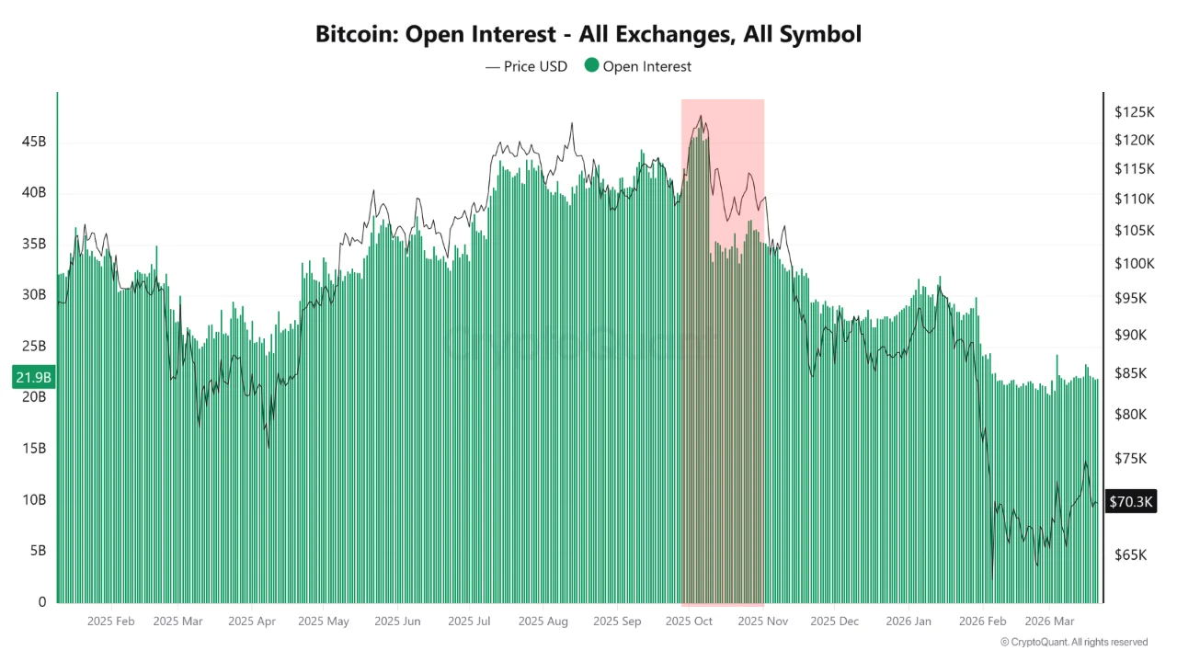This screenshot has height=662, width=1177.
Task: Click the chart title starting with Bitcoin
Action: tap(588, 35)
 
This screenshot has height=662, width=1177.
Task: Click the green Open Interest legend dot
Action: tap(592, 65)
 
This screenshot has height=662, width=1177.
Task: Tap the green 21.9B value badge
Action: tap(33, 377)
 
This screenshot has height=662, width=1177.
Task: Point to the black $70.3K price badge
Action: tap(1131, 501)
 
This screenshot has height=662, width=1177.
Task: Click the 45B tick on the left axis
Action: tap(34, 142)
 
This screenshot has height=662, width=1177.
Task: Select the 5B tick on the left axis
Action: tap(37, 551)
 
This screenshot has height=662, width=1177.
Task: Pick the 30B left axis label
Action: tap(34, 295)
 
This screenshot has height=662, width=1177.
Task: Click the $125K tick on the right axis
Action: tap(1134, 112)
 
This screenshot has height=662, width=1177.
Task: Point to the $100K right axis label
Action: tap(1134, 264)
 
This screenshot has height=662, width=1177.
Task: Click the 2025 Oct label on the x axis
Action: tap(690, 622)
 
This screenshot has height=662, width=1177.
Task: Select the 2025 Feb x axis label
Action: tap(111, 622)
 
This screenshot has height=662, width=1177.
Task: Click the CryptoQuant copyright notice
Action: tap(1074, 642)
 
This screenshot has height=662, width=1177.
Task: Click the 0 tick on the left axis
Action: tap(42, 602)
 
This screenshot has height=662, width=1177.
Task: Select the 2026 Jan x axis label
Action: tap(908, 622)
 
